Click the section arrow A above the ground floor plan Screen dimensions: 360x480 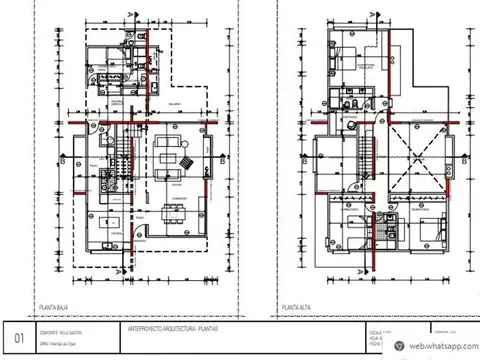pyautogui.click(x=132, y=14)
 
